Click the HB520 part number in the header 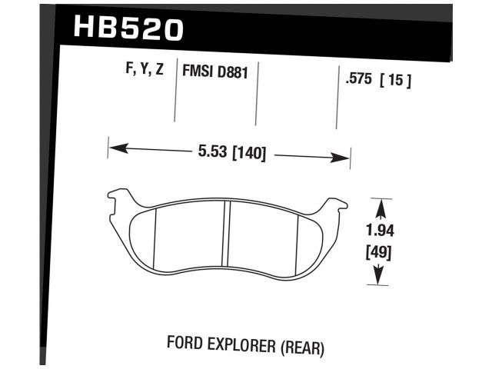point(128,29)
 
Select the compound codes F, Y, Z point(144,69)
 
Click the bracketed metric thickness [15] point(396,79)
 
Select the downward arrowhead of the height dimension point(377,280)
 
